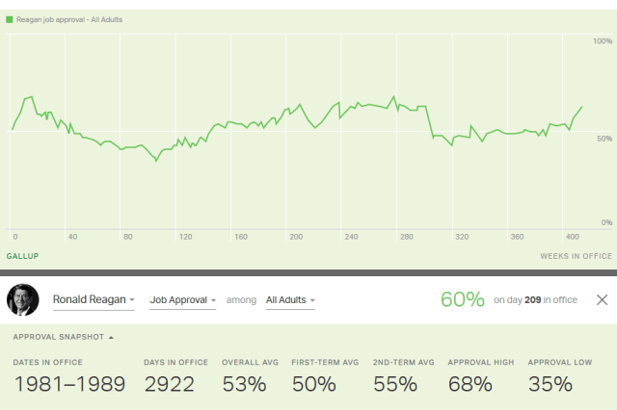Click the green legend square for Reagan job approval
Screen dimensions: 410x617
click(x=10, y=19)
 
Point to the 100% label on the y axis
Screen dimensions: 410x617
click(x=602, y=41)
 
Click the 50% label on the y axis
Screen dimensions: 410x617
click(x=604, y=140)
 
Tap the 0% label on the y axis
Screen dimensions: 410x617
click(x=605, y=222)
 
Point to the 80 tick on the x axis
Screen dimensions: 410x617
click(x=127, y=236)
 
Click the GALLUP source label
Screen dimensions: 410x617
click(x=22, y=256)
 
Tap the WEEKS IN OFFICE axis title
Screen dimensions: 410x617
click(x=576, y=256)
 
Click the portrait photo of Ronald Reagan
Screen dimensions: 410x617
click(x=22, y=300)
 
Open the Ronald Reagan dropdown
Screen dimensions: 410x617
click(x=93, y=300)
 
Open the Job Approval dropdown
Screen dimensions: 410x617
click(x=184, y=300)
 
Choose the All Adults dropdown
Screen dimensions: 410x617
click(x=290, y=300)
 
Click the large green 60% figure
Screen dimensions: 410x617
click(x=462, y=299)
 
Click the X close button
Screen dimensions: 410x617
click(x=602, y=300)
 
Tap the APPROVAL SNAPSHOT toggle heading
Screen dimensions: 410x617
click(x=63, y=337)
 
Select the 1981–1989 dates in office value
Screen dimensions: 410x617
click(x=68, y=384)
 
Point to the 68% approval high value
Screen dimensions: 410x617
click(x=469, y=384)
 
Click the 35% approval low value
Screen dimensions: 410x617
click(x=550, y=384)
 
